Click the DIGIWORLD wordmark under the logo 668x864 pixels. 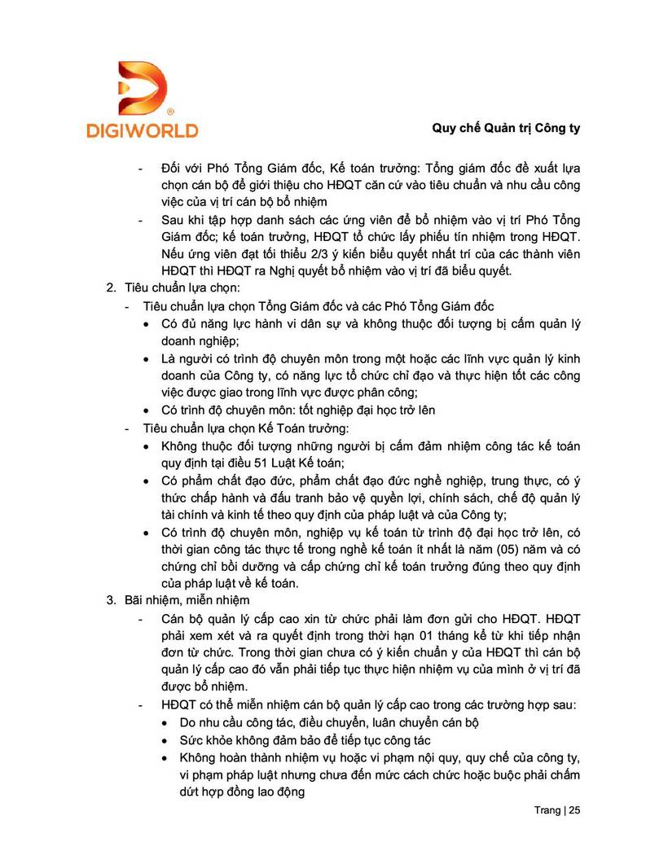point(142,129)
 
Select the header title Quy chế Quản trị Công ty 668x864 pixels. point(505,129)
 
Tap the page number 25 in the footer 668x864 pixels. point(574,810)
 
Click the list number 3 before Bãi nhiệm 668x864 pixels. point(112,601)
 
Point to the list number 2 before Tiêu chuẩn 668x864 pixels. point(112,288)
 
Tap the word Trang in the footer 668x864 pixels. point(547,810)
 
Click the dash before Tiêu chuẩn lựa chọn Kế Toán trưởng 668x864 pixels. point(126,428)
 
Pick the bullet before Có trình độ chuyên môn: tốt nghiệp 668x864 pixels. point(145,410)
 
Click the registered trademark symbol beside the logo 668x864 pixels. point(169,110)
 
